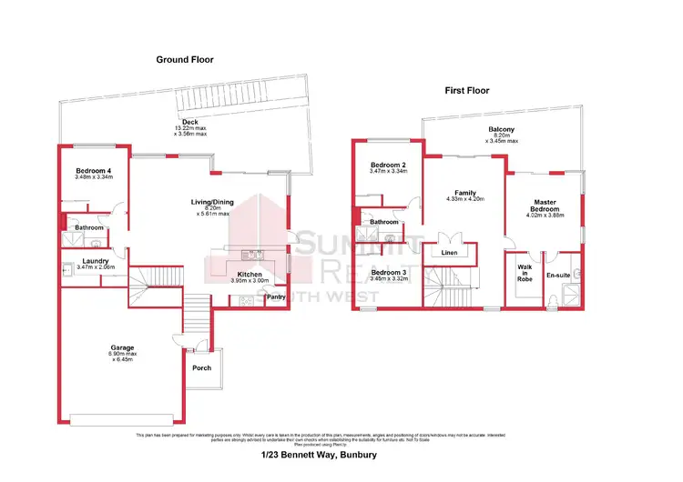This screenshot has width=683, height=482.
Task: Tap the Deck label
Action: click(189, 122)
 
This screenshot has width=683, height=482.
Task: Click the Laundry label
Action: click(96, 261)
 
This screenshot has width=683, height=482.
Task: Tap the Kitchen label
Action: click(250, 275)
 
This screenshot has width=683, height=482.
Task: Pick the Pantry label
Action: click(276, 296)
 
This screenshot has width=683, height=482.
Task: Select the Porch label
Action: click(201, 368)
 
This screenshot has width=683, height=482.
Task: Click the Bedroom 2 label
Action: click(388, 165)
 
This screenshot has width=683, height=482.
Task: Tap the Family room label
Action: click(466, 192)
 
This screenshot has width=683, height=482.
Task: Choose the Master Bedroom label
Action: click(545, 205)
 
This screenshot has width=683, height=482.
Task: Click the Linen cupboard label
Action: click(449, 253)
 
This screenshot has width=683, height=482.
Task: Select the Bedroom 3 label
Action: click(389, 272)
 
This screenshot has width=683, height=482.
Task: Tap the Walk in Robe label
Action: click(524, 272)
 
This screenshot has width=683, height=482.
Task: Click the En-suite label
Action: click(557, 274)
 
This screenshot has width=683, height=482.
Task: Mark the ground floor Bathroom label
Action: click(89, 228)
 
